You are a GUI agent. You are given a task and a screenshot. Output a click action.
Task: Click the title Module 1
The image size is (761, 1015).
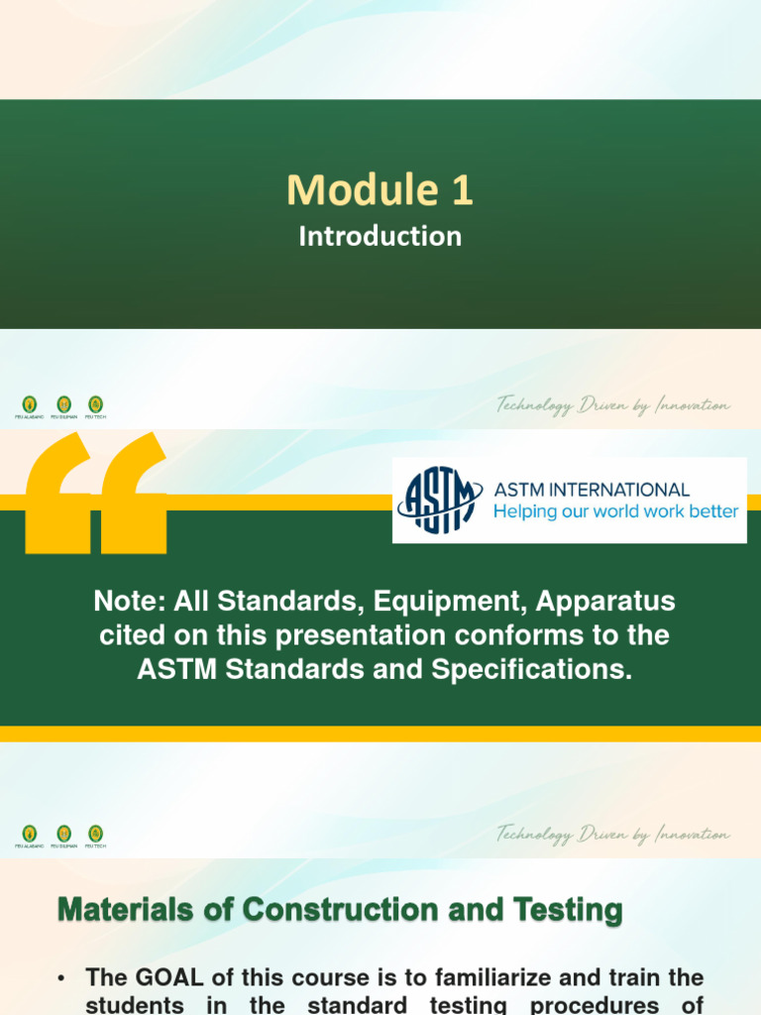point(380,190)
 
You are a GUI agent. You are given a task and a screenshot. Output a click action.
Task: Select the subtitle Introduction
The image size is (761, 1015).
point(380,236)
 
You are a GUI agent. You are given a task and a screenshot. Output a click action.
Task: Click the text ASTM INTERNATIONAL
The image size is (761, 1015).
point(592,489)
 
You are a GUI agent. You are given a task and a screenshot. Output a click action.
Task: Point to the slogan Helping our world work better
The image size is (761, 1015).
point(615,511)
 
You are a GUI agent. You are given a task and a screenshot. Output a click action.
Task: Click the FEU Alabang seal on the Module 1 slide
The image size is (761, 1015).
point(30,403)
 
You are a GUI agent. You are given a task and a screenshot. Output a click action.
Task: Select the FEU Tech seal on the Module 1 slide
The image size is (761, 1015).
point(95,403)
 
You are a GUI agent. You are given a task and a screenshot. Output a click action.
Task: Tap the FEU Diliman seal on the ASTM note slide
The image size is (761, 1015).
point(63,833)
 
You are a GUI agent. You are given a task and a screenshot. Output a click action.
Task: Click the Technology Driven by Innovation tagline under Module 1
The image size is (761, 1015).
point(613,405)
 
